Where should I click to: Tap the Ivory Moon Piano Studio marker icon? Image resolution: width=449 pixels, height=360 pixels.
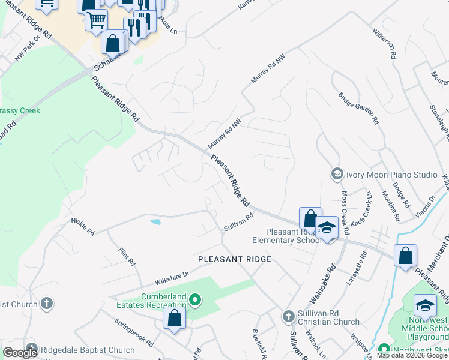[337, 174]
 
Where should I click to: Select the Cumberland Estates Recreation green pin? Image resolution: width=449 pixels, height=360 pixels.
[194, 299]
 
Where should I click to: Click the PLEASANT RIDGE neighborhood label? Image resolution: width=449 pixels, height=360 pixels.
[235, 259]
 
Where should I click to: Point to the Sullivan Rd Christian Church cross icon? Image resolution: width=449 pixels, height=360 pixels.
[288, 316]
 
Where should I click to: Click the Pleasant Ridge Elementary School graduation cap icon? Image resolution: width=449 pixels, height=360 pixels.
[327, 228]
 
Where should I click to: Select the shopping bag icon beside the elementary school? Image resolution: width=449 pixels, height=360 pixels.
[310, 218]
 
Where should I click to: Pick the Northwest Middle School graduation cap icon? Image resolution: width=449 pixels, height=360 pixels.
[425, 306]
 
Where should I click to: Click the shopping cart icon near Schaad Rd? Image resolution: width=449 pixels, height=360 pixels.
[95, 20]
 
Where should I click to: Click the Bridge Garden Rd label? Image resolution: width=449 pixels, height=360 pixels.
[358, 108]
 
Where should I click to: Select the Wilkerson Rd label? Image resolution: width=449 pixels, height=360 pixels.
[384, 42]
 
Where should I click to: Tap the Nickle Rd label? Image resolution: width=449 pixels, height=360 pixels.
[83, 227]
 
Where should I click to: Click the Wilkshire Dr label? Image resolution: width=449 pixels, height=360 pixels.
[172, 278]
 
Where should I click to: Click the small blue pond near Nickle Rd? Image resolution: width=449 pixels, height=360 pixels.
[155, 222]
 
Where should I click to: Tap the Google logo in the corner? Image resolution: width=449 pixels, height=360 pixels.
[20, 353]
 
